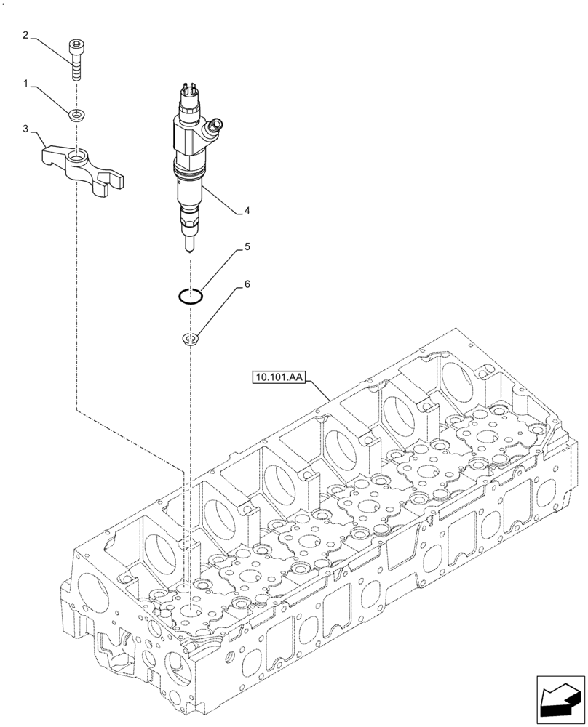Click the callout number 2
click(25, 34)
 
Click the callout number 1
click(25, 84)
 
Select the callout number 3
click(25, 129)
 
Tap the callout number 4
click(247, 211)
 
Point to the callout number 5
click(247, 247)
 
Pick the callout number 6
click(247, 284)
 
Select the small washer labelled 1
click(75, 114)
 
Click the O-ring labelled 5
click(191, 295)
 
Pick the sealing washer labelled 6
click(191, 338)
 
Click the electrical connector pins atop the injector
click(186, 91)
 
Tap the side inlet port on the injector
click(214, 128)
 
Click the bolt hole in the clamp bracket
click(76, 154)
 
